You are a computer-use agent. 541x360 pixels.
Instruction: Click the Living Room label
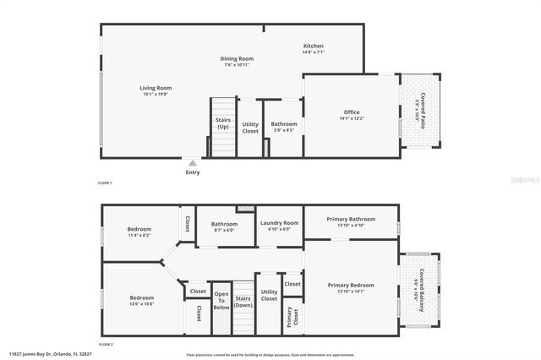point(156,88)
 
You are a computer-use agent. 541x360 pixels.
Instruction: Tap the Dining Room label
point(239,59)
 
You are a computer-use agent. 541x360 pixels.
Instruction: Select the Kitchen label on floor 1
point(314,46)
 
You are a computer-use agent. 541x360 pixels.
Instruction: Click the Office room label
point(352,112)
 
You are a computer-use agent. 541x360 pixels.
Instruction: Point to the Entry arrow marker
point(193,162)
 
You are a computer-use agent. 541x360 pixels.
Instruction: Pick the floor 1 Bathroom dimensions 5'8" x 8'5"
point(284,130)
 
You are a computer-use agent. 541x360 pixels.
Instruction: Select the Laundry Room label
point(279,223)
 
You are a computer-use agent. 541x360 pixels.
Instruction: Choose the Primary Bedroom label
point(351,286)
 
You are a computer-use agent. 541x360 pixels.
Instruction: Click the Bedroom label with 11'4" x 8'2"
point(139,230)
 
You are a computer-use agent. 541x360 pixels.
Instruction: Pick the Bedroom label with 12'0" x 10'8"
point(141,297)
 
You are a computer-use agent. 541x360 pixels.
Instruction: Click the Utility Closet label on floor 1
point(250,128)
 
